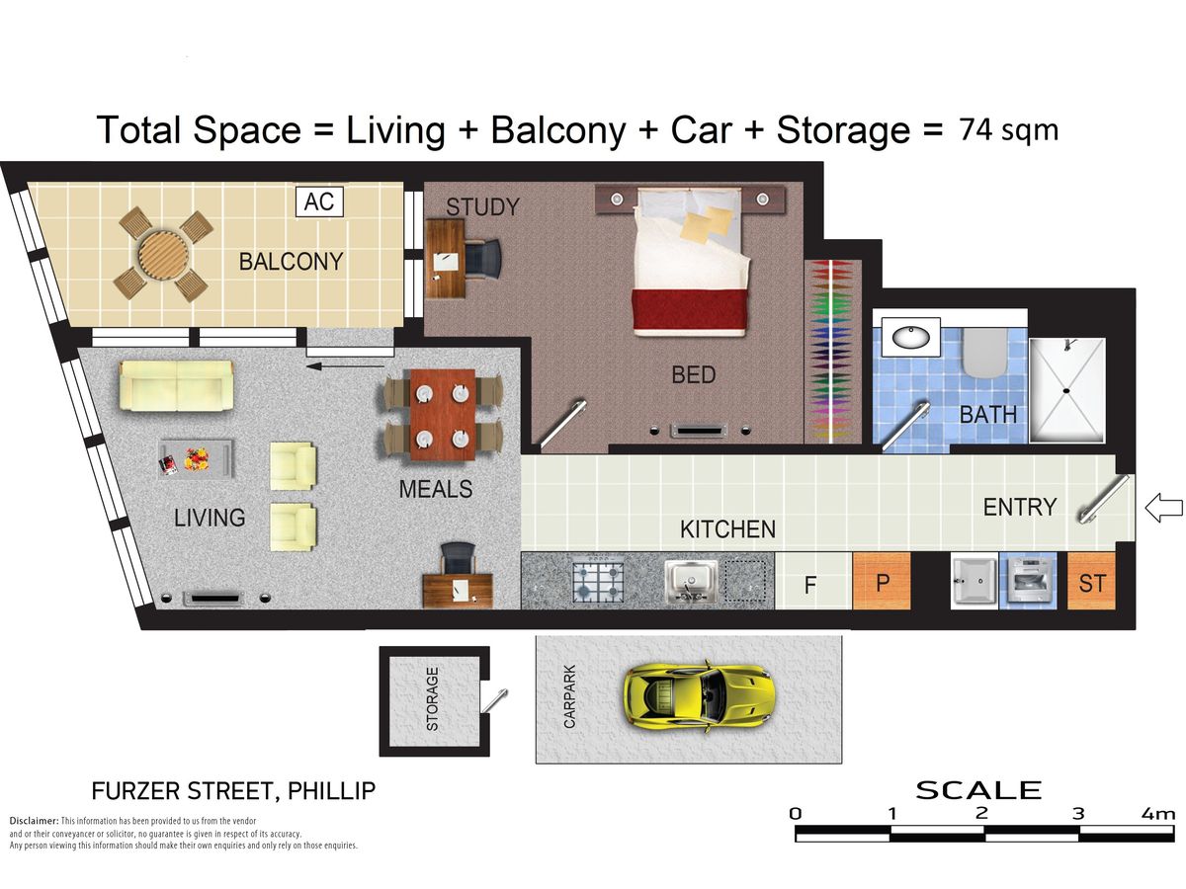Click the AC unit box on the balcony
pyautogui.click(x=319, y=202)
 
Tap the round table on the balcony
pyautogui.click(x=164, y=255)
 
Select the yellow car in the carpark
pyautogui.click(x=698, y=696)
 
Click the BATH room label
pyautogui.click(x=987, y=415)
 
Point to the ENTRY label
pyautogui.click(x=1019, y=507)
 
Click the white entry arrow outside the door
pyautogui.click(x=1164, y=508)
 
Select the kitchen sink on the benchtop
pyautogui.click(x=691, y=581)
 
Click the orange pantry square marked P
pyautogui.click(x=882, y=581)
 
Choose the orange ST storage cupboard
pyautogui.click(x=1091, y=582)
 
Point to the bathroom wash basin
pyautogui.click(x=911, y=338)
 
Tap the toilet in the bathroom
pyautogui.click(x=985, y=353)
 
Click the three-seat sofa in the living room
pyautogui.click(x=177, y=385)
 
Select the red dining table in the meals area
pyautogui.click(x=443, y=415)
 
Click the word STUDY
pyautogui.click(x=482, y=206)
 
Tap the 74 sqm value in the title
pyautogui.click(x=1008, y=130)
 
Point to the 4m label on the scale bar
pyautogui.click(x=1158, y=813)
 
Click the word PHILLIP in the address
pyautogui.click(x=331, y=791)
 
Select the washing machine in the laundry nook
pyautogui.click(x=1028, y=581)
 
